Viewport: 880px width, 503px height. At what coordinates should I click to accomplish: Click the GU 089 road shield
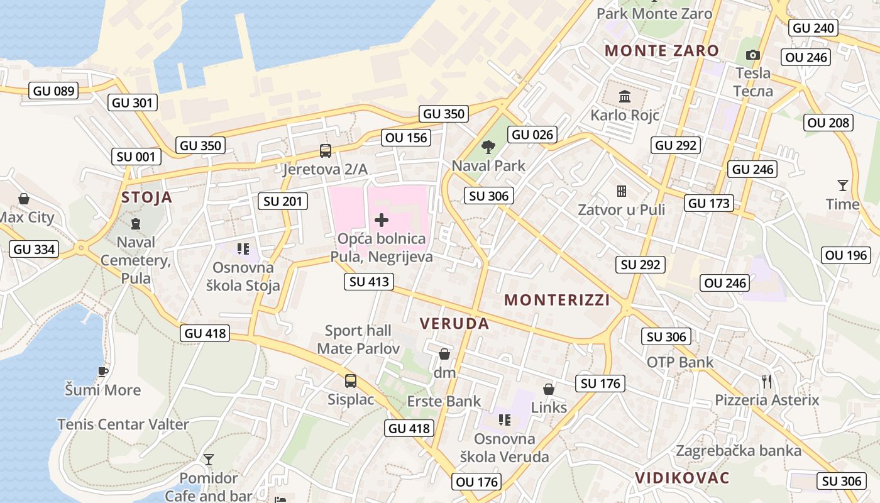click(x=53, y=91)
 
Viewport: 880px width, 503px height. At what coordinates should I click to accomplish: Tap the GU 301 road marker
click(x=133, y=102)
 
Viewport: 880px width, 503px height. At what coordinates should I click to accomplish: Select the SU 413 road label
click(x=369, y=282)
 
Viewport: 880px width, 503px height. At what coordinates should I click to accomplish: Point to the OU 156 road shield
click(x=406, y=138)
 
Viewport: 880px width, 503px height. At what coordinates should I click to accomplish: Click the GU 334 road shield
click(x=35, y=249)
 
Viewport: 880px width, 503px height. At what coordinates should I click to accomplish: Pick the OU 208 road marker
click(x=828, y=123)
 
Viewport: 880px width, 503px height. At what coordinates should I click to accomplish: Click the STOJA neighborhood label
click(x=146, y=197)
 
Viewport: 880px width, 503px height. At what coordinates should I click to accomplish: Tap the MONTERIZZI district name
click(x=557, y=300)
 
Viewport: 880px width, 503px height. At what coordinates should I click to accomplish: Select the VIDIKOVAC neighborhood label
click(x=682, y=478)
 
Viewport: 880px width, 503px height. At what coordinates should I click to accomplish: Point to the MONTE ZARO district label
click(x=662, y=51)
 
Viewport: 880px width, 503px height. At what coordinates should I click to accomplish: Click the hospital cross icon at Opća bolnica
click(x=382, y=220)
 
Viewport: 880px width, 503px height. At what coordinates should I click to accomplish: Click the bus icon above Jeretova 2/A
click(x=325, y=151)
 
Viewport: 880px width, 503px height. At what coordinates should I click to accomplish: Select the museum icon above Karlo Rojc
click(x=625, y=97)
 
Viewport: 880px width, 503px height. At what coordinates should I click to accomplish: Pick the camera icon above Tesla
click(x=752, y=55)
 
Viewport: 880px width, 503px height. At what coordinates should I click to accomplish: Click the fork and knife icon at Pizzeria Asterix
click(x=766, y=381)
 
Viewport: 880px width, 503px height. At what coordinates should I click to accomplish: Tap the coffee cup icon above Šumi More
click(x=103, y=372)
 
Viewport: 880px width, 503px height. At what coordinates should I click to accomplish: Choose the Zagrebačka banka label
click(x=739, y=450)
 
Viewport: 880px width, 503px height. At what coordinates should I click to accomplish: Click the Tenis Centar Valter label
click(x=123, y=424)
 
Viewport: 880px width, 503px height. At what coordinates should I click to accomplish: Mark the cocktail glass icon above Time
click(x=842, y=185)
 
